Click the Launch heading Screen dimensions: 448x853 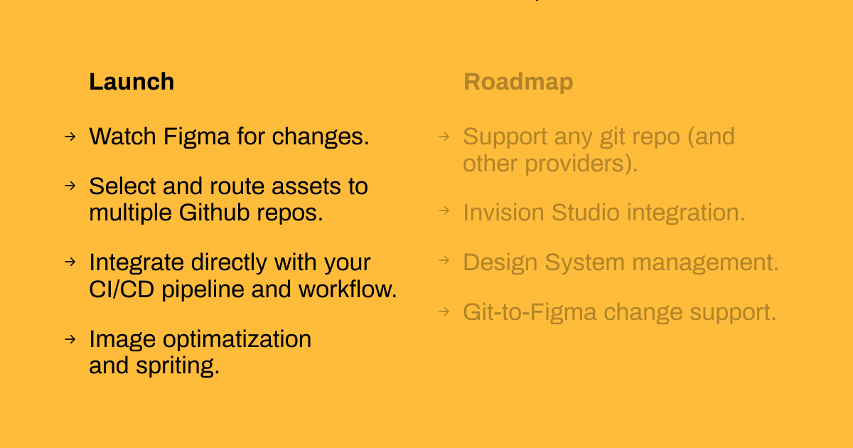132,82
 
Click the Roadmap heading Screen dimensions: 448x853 518,82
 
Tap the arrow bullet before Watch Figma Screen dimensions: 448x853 70,136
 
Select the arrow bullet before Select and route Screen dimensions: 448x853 70,186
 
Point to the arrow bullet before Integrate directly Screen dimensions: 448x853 70,262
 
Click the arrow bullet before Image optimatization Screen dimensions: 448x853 70,338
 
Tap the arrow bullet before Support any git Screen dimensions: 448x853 444,136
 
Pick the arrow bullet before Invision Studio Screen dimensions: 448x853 444,211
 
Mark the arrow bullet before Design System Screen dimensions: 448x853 444,261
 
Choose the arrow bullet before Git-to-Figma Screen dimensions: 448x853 444,311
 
